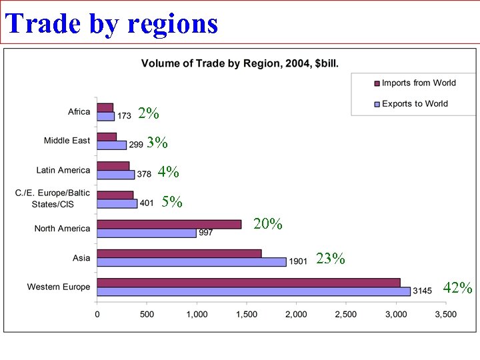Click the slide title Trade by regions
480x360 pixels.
pyautogui.click(x=112, y=23)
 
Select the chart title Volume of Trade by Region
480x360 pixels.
pyautogui.click(x=239, y=64)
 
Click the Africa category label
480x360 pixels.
pyautogui.click(x=79, y=112)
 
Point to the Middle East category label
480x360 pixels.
pyautogui.click(x=67, y=141)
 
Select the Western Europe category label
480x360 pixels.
pyautogui.click(x=59, y=287)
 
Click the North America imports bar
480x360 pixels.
pyautogui.click(x=169, y=224)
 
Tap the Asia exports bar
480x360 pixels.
pyautogui.click(x=191, y=262)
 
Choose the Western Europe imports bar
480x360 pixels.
pyautogui.click(x=248, y=283)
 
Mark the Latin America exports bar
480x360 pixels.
pyautogui.click(x=116, y=175)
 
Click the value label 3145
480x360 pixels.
pyautogui.click(x=422, y=291)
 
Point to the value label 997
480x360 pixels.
pyautogui.click(x=206, y=233)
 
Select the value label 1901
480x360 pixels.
pyautogui.click(x=297, y=262)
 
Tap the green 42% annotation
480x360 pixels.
pyautogui.click(x=458, y=288)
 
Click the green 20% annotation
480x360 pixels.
pyautogui.click(x=268, y=224)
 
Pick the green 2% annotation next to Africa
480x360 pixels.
pyautogui.click(x=148, y=114)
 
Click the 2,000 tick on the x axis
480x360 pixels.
pyautogui.click(x=296, y=313)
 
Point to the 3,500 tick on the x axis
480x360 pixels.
pyautogui.click(x=445, y=313)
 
